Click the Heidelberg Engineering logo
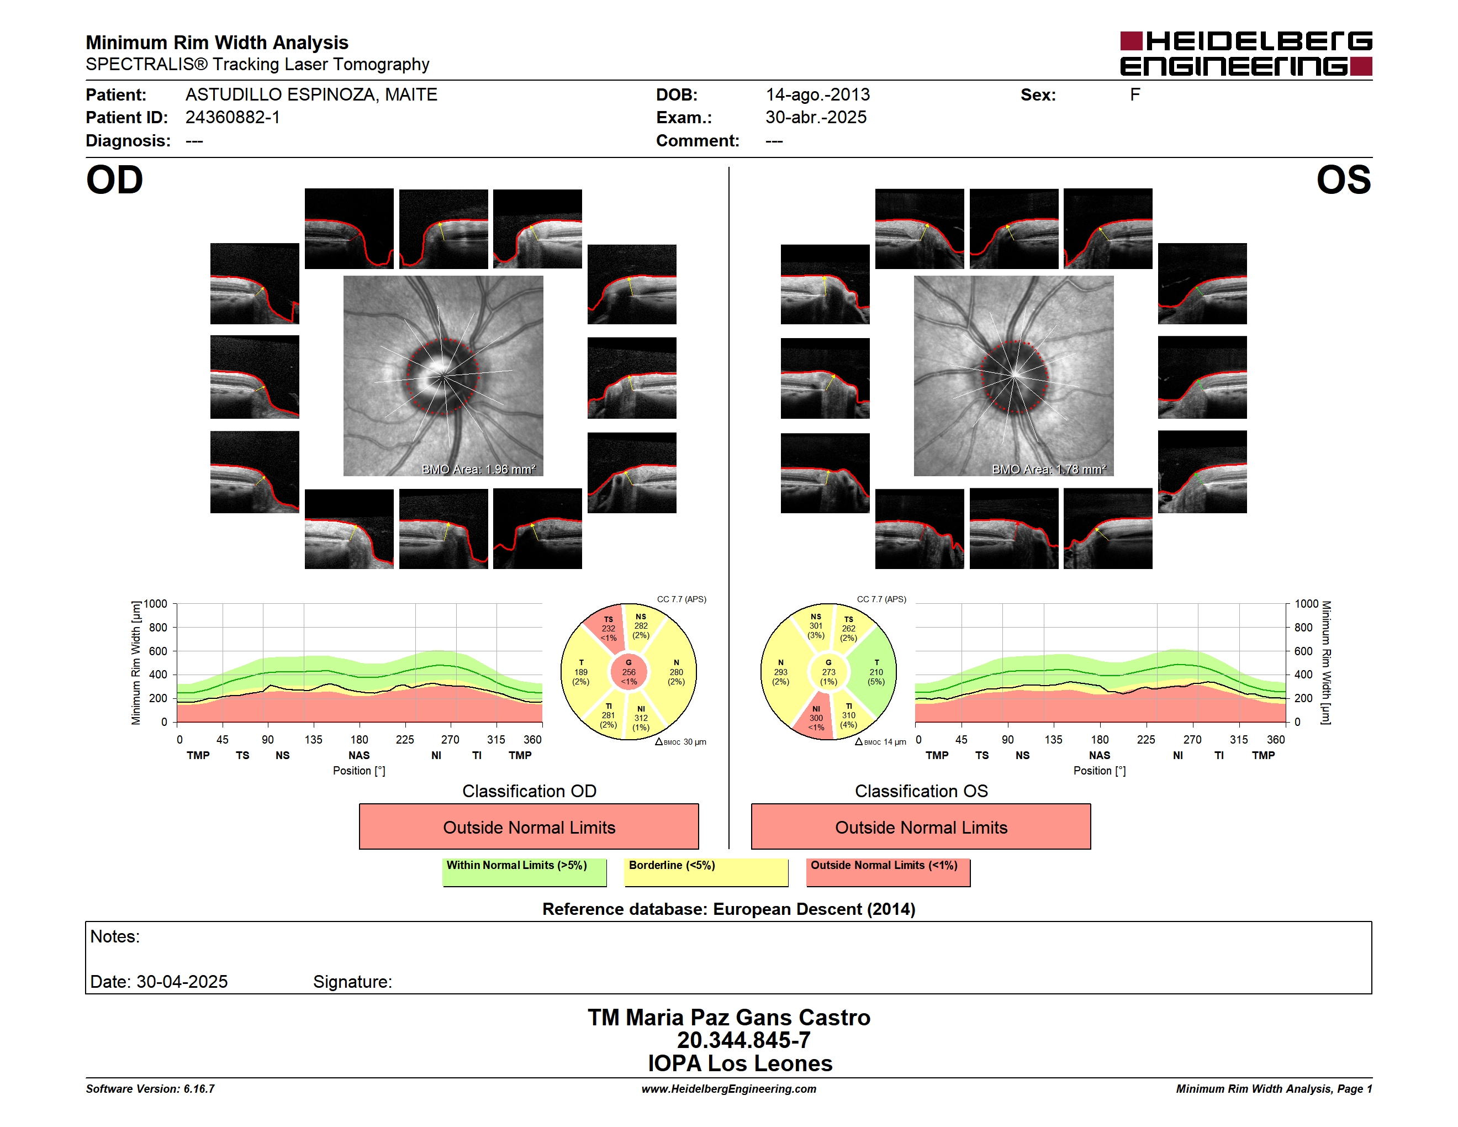pyautogui.click(x=1246, y=54)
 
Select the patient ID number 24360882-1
pyautogui.click(x=233, y=118)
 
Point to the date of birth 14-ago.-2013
pyautogui.click(x=817, y=95)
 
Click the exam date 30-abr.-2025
pyautogui.click(x=815, y=118)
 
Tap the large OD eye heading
pyautogui.click(x=114, y=180)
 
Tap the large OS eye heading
pyautogui.click(x=1343, y=180)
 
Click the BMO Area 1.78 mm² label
pyautogui.click(x=1048, y=470)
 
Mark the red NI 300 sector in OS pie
pyautogui.click(x=815, y=718)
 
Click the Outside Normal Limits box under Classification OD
pyautogui.click(x=529, y=827)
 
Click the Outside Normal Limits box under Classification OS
pyautogui.click(x=921, y=827)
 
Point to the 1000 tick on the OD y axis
pyautogui.click(x=156, y=604)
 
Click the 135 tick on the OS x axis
pyautogui.click(x=1053, y=740)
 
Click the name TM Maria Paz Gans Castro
pyautogui.click(x=729, y=1018)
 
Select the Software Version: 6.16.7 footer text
pyautogui.click(x=150, y=1089)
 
